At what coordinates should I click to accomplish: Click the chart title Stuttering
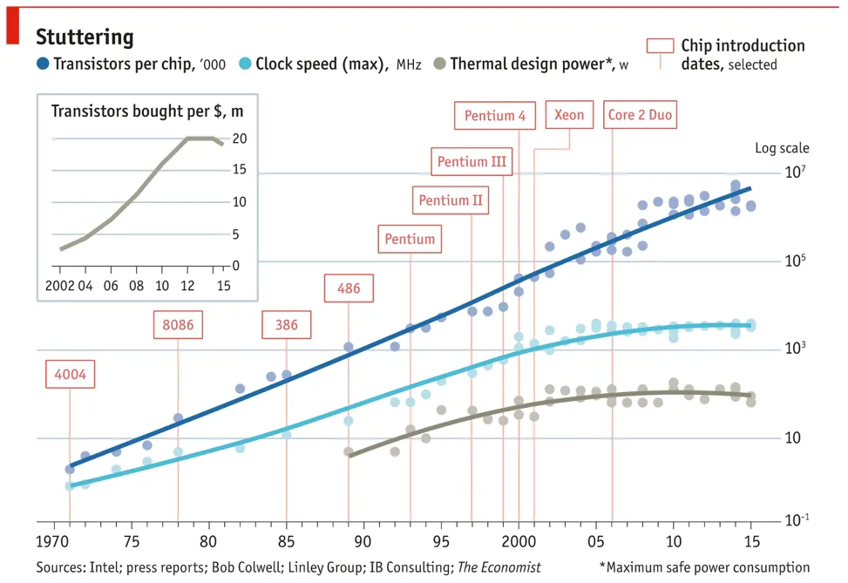coord(85,37)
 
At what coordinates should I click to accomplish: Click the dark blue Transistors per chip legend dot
coord(43,64)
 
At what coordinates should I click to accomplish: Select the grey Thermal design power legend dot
coord(440,64)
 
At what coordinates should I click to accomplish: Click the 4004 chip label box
coord(70,375)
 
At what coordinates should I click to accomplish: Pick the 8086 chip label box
coord(178,325)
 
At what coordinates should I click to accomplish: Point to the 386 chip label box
coord(286,325)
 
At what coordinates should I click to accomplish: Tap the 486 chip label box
coord(349,288)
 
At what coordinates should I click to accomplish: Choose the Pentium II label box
coord(450,200)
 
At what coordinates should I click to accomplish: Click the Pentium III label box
coord(471,162)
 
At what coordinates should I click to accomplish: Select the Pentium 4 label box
coord(494,116)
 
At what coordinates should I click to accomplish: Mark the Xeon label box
coord(569,115)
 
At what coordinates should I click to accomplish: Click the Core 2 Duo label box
coord(641,115)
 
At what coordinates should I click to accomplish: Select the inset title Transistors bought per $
coord(147,111)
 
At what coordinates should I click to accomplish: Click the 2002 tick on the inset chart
coord(61,285)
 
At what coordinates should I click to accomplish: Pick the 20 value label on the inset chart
coord(240,139)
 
